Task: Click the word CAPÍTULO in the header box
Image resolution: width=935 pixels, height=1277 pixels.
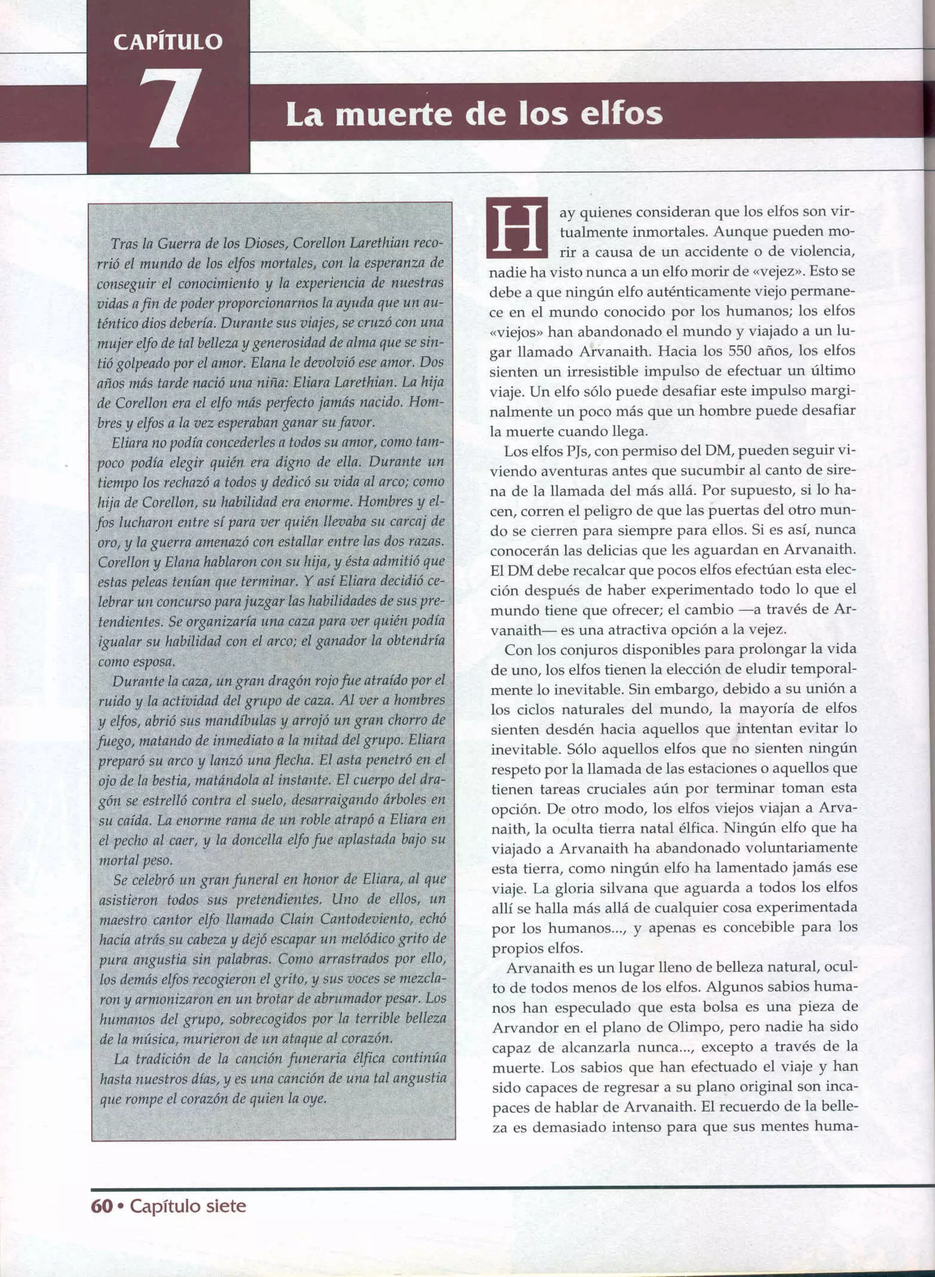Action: click(168, 42)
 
